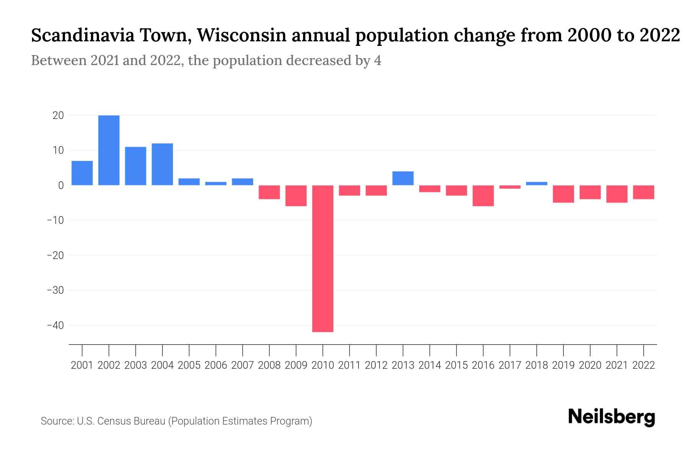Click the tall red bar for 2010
coord(323,258)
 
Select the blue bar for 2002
coord(109,150)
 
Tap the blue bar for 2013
coord(403,178)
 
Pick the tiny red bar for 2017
coord(510,187)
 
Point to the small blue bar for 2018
coord(537,184)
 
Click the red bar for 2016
coord(483,195)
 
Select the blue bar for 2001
coord(82,173)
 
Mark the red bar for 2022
coord(644,192)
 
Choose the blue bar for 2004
coord(162,164)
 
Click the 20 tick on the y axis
coord(58,116)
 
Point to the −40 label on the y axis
coord(55,326)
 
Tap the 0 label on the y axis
coord(61,186)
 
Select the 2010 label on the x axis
coord(323,365)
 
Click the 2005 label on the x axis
coord(189,365)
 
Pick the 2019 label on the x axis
coord(563,365)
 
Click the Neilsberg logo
coord(612,417)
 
